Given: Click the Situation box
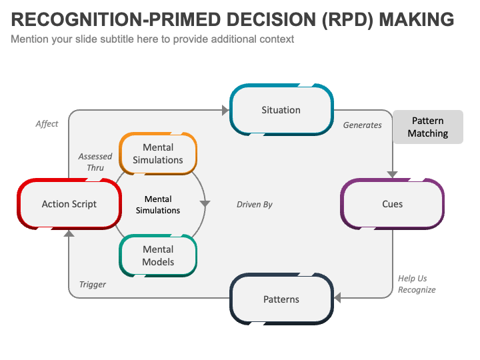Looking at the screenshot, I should [x=281, y=110].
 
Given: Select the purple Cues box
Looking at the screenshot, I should [x=392, y=204].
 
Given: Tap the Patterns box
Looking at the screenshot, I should [x=281, y=299].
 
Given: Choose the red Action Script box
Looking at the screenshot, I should [x=69, y=204].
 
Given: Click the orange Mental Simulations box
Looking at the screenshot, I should [x=158, y=154].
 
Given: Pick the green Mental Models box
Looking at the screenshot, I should [x=158, y=255].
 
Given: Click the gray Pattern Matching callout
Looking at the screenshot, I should [x=427, y=127].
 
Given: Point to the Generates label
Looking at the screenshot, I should [x=362, y=125].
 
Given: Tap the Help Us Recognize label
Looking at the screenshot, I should [x=417, y=284].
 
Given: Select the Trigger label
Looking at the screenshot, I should [x=93, y=284].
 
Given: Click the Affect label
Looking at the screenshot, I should [x=47, y=123].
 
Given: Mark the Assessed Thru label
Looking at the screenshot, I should [x=95, y=162].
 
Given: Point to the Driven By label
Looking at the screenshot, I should [x=255, y=204].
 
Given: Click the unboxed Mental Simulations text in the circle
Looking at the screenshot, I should [x=158, y=205].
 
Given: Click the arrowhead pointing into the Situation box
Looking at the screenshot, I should [x=225, y=110].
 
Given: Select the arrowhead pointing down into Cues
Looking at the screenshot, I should [x=392, y=174].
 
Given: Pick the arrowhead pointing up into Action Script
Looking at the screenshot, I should [x=69, y=233].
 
